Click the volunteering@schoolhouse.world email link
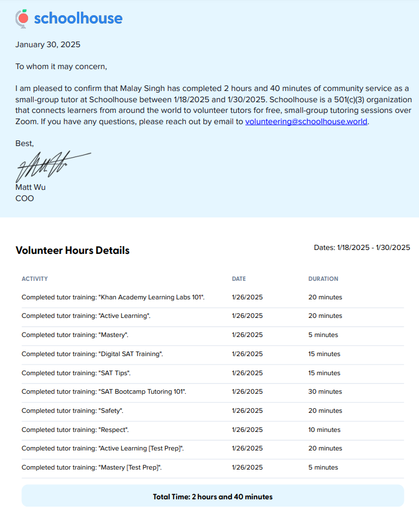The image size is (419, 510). (x=306, y=121)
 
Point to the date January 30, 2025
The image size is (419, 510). (x=48, y=44)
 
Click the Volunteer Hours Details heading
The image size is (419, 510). (x=72, y=251)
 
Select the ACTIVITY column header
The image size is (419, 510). (x=35, y=279)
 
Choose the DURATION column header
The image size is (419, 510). (x=323, y=279)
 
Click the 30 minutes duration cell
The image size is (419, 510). (x=325, y=391)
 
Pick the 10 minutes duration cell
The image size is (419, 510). (x=324, y=430)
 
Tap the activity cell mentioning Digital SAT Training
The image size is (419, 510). (x=92, y=354)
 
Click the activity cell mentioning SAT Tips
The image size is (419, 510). (x=76, y=373)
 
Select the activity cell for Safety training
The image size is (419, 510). (x=72, y=411)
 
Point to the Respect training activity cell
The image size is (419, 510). (x=75, y=430)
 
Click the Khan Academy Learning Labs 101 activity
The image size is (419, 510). (x=113, y=297)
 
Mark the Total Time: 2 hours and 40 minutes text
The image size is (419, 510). (x=212, y=497)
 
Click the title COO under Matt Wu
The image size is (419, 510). (x=24, y=198)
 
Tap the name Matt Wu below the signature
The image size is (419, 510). (x=30, y=187)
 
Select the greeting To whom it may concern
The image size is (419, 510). (x=61, y=66)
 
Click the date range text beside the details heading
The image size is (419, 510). (x=362, y=248)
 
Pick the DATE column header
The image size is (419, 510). (x=239, y=279)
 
